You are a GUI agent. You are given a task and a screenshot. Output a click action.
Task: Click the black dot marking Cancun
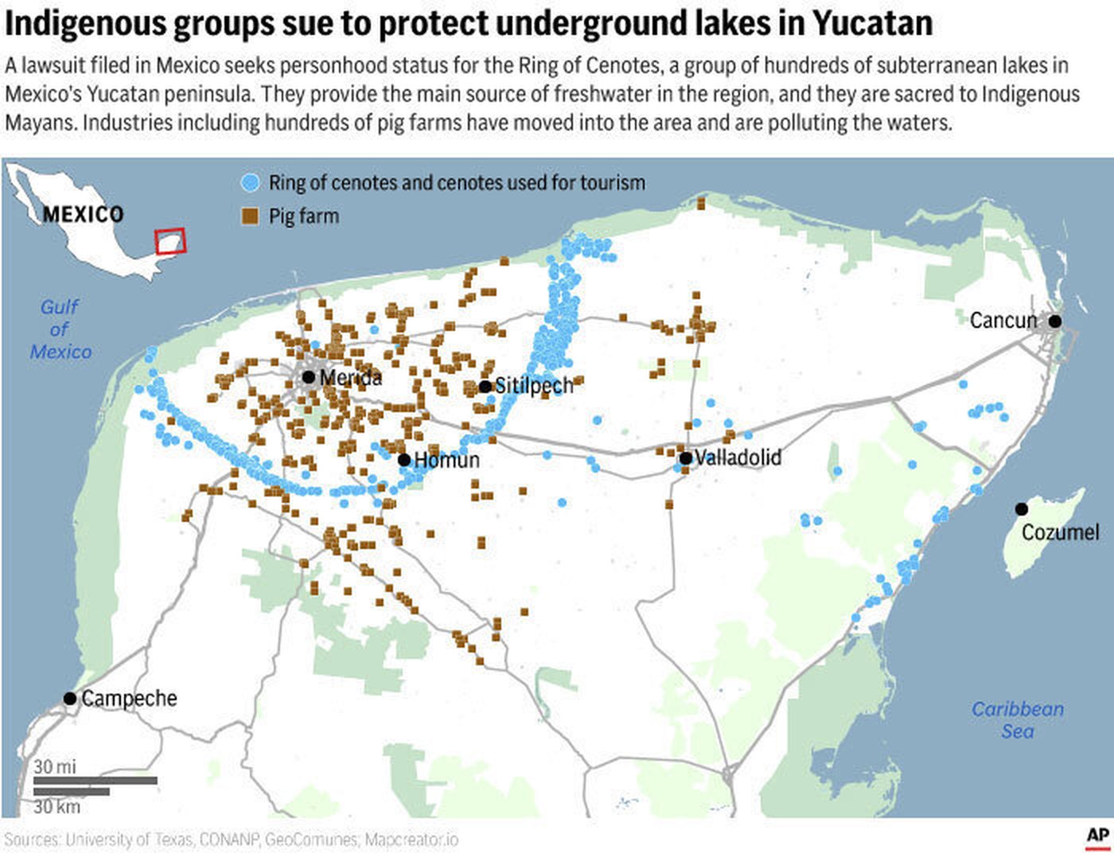(x=1054, y=321)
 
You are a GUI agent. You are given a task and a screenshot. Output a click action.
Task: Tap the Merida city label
(x=350, y=377)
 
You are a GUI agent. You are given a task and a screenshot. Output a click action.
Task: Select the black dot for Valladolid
(x=685, y=458)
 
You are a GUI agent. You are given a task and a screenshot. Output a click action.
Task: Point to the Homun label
(x=446, y=460)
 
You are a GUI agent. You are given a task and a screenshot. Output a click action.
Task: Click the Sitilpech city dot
(x=485, y=387)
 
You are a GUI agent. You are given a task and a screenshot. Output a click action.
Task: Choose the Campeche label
(x=129, y=699)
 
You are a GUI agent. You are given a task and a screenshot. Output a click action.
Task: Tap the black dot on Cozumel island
(x=1022, y=508)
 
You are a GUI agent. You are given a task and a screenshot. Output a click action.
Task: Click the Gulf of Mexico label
(x=60, y=329)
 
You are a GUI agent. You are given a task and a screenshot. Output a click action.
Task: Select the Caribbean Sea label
(x=1017, y=720)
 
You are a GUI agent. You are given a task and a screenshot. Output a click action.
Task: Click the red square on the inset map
(x=169, y=241)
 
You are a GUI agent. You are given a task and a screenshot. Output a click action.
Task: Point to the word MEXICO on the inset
(x=83, y=214)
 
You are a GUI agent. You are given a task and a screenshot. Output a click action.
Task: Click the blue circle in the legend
(x=250, y=183)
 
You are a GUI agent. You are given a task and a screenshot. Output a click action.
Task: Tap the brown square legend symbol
(x=250, y=216)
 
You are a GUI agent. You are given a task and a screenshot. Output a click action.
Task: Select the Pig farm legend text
(x=303, y=216)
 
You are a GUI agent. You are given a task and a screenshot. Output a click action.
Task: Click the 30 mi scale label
(x=55, y=766)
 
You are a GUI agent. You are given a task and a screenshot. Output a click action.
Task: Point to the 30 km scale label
(x=56, y=806)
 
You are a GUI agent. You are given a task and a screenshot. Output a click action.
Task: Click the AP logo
(x=1097, y=836)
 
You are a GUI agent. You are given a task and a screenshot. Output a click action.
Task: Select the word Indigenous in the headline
(x=84, y=23)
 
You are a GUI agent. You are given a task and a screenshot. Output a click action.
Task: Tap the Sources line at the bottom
(x=231, y=840)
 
